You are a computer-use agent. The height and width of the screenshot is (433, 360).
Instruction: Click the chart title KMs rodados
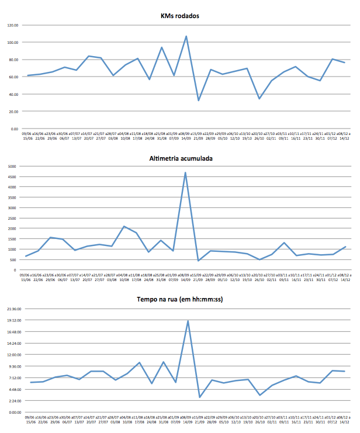pos(180,16)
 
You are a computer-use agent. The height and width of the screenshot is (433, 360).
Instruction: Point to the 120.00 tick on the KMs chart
pos(13,25)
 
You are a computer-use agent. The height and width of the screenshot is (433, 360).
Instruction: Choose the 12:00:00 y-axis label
pos(12,355)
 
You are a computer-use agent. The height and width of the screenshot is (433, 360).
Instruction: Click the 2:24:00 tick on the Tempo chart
pos(13,401)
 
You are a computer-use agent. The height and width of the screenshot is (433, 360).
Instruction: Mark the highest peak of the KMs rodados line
pos(186,36)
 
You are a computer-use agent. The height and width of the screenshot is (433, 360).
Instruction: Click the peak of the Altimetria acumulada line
pos(186,172)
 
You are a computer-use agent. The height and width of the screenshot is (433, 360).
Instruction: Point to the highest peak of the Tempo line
pos(188,320)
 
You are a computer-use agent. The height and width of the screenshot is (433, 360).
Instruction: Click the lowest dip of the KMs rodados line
pos(199,101)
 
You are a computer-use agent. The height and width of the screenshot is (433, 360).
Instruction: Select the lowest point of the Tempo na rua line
pos(200,397)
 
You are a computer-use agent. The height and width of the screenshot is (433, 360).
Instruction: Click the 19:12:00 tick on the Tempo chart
pos(12,320)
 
